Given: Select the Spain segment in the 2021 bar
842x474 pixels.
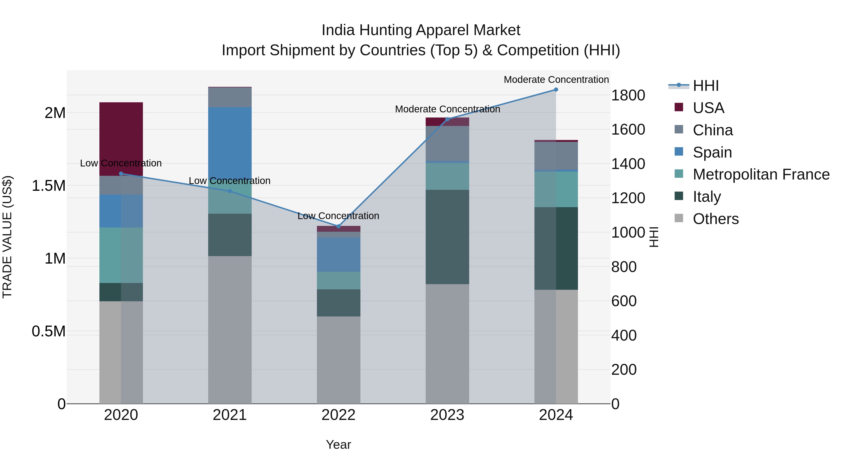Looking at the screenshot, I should click(230, 144).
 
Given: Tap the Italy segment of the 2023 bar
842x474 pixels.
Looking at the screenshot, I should click(447, 237).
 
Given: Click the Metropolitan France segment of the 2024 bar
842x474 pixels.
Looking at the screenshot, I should click(556, 189).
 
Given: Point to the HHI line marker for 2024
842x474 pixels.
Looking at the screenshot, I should click(556, 90).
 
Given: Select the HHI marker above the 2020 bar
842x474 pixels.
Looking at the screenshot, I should click(121, 174).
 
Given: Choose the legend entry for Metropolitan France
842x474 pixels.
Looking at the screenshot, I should click(761, 174).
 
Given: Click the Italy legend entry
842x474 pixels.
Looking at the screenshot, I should click(707, 197).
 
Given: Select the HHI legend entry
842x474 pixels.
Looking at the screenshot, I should click(705, 86).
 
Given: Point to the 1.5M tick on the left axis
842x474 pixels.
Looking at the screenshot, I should click(48, 186).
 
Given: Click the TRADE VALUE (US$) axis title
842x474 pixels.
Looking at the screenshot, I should click(7, 237).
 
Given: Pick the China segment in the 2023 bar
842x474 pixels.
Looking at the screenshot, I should click(447, 143).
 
